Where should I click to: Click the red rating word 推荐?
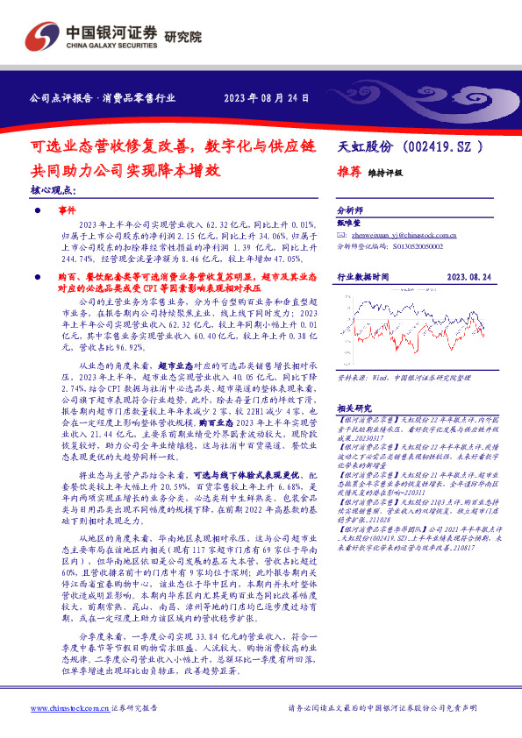[x=350, y=173]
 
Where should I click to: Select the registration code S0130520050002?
[x=420, y=248]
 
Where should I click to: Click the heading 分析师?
[x=350, y=211]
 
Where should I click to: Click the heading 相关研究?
[x=354, y=384]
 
